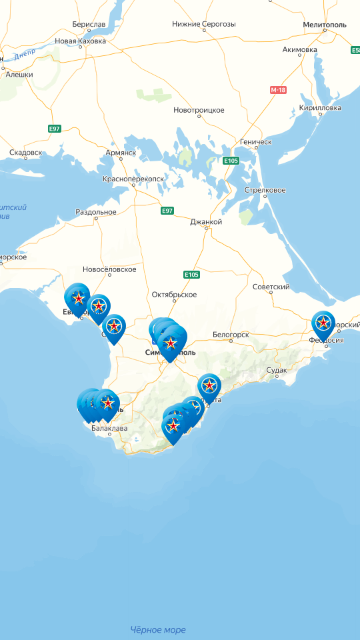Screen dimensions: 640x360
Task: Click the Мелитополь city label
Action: click(x=325, y=24)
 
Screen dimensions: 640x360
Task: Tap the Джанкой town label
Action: click(x=206, y=221)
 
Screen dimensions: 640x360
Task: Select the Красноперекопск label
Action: click(x=133, y=179)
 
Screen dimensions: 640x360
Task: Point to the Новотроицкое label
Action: click(x=199, y=110)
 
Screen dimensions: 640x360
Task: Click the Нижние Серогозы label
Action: click(x=204, y=24)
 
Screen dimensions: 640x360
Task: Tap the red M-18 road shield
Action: click(x=278, y=89)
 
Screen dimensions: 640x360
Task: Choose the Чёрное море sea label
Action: click(x=158, y=629)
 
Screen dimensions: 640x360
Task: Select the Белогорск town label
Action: click(x=231, y=334)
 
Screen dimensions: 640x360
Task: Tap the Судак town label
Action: click(x=277, y=369)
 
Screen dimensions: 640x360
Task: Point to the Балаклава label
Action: click(x=109, y=428)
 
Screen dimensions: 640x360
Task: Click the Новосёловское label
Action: click(x=109, y=269)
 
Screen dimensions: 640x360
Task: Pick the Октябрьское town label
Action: click(x=174, y=294)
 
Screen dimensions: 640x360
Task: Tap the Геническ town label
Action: click(x=256, y=142)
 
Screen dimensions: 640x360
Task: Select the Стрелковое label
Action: click(x=265, y=190)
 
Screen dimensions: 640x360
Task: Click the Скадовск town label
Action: click(x=25, y=153)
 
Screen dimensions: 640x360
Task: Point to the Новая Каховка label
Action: click(x=81, y=41)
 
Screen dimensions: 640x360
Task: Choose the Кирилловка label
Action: click(x=321, y=107)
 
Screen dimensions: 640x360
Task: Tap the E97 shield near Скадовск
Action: click(x=55, y=128)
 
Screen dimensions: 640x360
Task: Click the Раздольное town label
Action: click(x=96, y=212)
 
